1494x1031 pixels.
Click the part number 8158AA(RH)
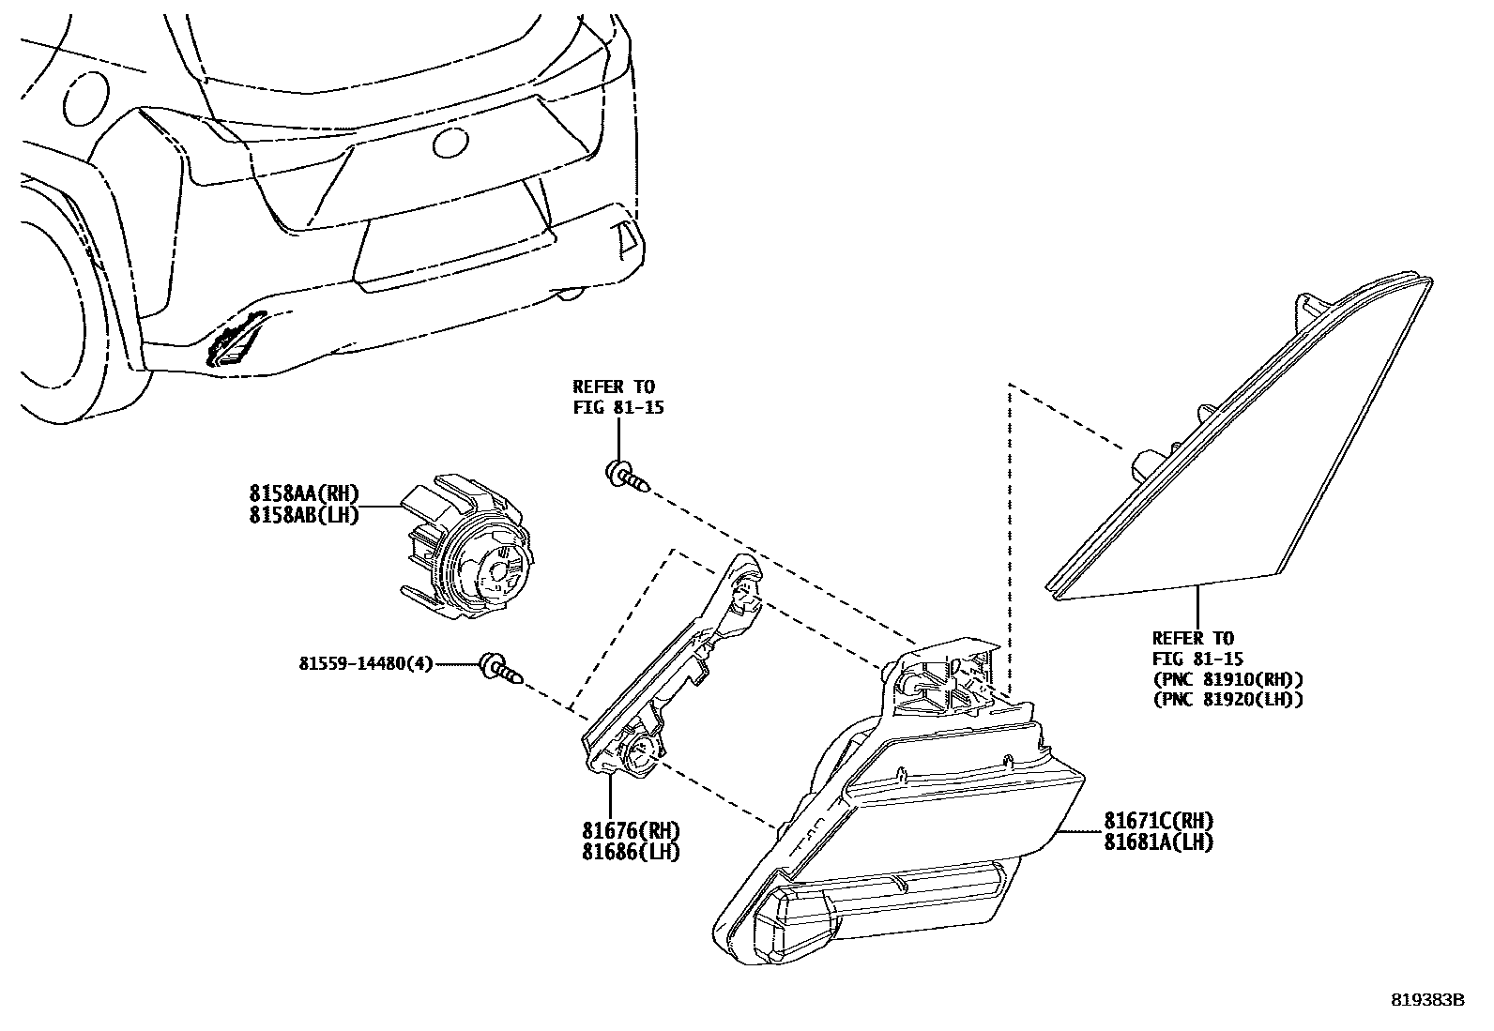(303, 494)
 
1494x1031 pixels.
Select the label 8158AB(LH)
(303, 515)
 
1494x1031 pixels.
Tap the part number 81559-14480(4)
(366, 664)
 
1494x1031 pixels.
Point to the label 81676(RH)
(630, 831)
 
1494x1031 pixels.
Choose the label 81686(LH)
(630, 852)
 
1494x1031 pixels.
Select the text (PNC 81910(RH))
(1227, 678)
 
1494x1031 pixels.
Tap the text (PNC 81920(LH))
(1227, 699)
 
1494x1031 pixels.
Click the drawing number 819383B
(1426, 1000)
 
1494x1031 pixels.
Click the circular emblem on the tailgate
(449, 143)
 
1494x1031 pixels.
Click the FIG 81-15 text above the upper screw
(618, 408)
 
